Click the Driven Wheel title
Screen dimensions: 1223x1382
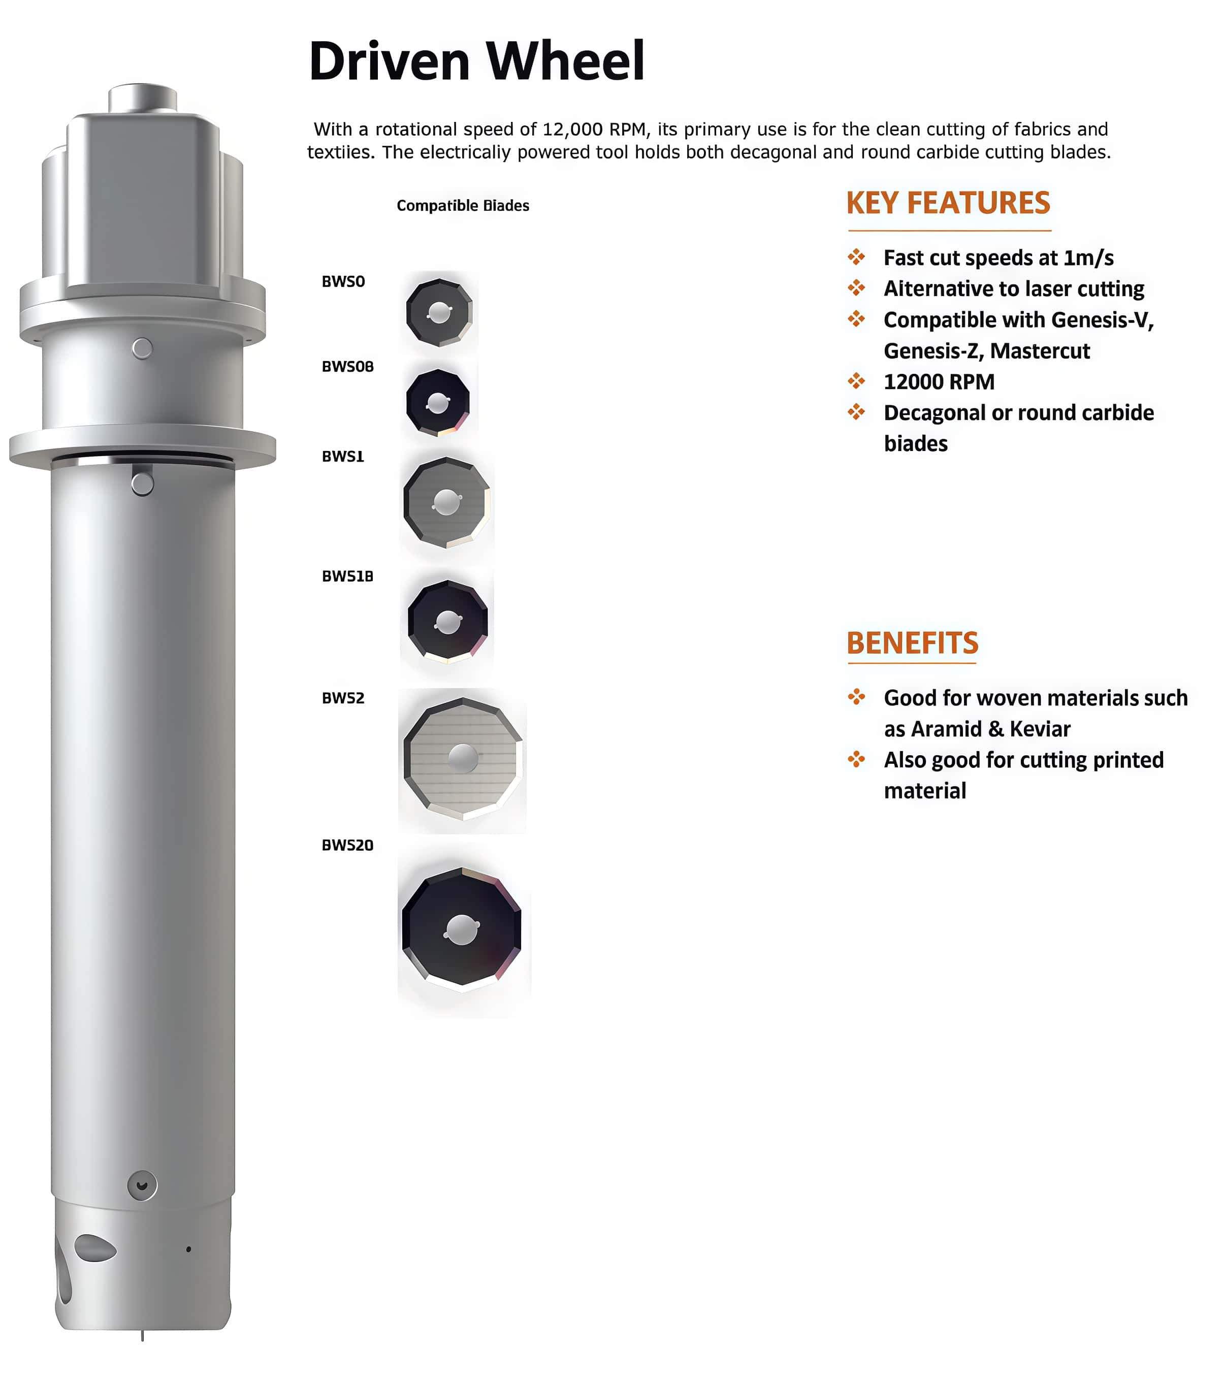click(x=476, y=61)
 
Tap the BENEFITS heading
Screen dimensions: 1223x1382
click(x=912, y=643)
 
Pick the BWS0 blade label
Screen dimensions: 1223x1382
click(x=343, y=281)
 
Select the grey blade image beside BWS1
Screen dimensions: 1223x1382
click(x=446, y=502)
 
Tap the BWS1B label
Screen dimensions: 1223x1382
click(x=347, y=576)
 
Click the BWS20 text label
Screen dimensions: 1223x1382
click(x=347, y=845)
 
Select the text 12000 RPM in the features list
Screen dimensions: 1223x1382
click(x=939, y=382)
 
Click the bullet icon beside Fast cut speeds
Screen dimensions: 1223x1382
click(x=857, y=257)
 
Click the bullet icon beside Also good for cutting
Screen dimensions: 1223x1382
click(x=857, y=759)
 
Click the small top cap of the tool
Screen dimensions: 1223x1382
click(x=143, y=98)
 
